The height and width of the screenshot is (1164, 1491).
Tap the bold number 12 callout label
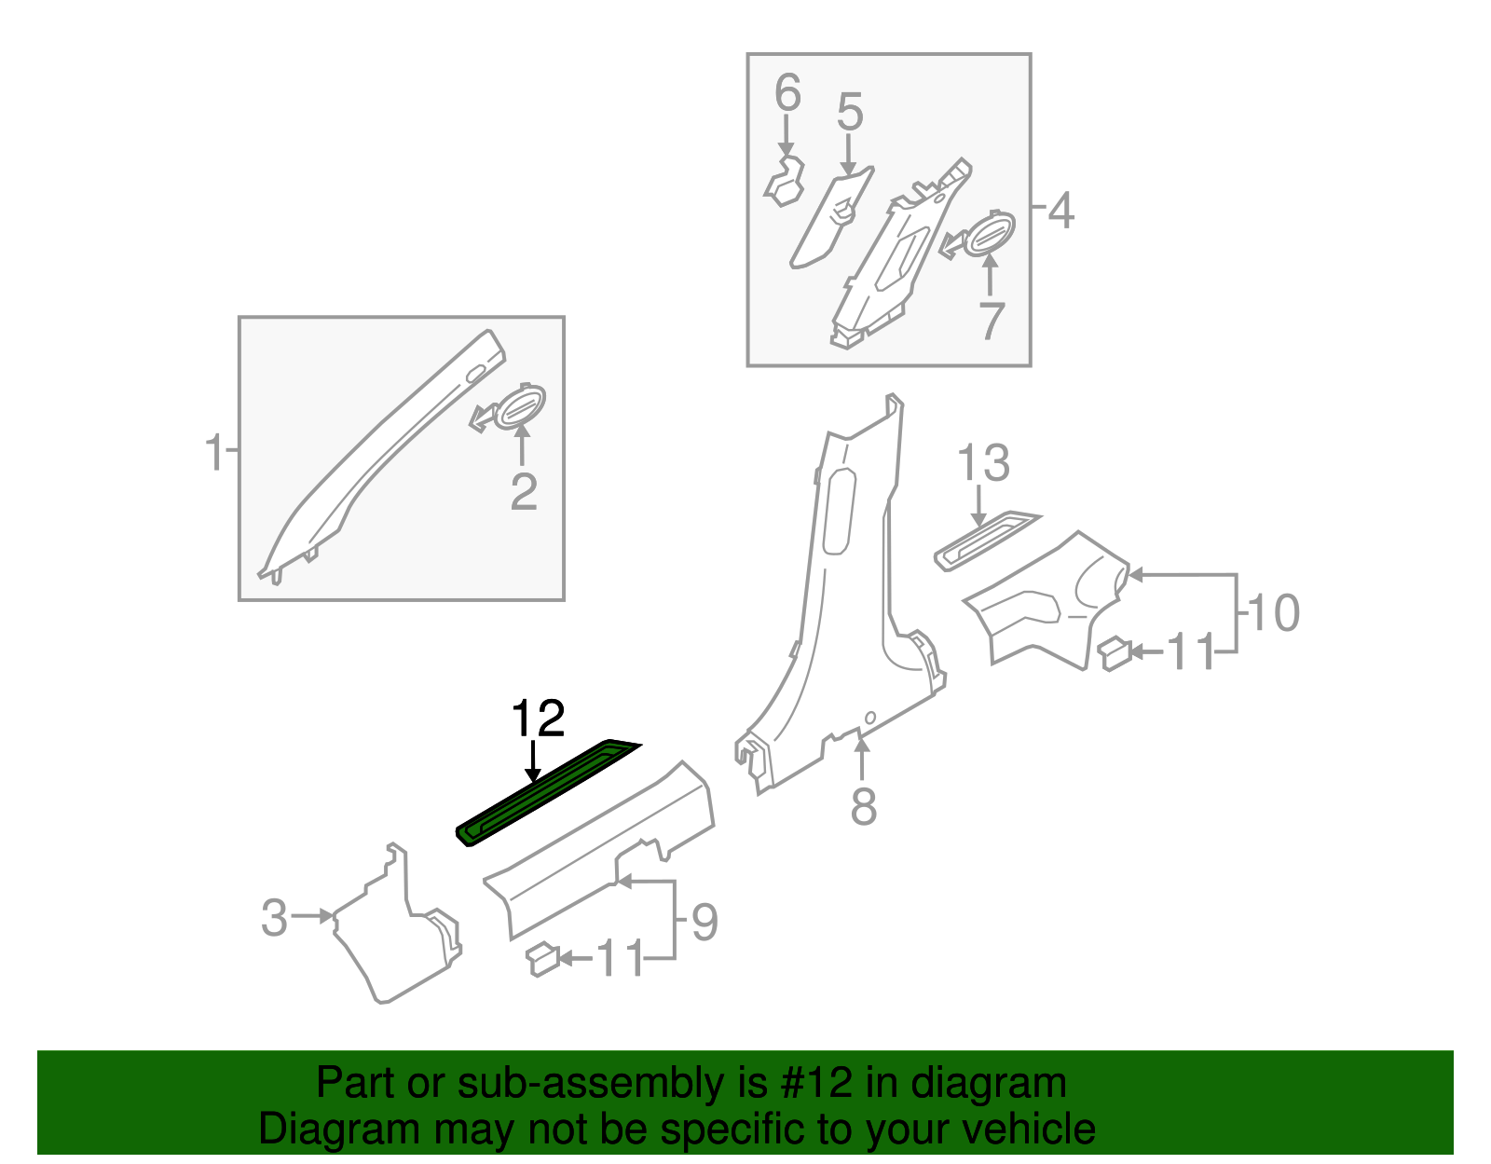click(x=538, y=719)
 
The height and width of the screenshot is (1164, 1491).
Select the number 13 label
click(x=983, y=463)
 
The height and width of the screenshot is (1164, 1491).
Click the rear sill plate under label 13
click(x=986, y=540)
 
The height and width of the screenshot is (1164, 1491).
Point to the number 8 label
click(x=863, y=806)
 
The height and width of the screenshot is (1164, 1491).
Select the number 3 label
click(x=274, y=918)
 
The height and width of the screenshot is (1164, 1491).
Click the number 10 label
click(x=1273, y=613)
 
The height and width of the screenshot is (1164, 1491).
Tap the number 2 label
click(x=523, y=492)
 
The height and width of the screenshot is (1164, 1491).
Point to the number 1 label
click(x=213, y=453)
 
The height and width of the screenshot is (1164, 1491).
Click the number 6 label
click(x=787, y=94)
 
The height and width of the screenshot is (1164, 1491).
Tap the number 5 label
click(x=849, y=112)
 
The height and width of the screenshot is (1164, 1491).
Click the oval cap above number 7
click(x=989, y=233)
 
